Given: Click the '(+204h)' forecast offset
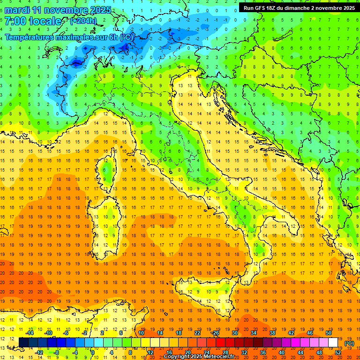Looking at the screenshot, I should [83, 21].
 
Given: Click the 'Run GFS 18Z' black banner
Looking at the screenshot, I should [298, 8].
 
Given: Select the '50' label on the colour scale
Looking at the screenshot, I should [328, 333].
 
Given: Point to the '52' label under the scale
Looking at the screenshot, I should [338, 352].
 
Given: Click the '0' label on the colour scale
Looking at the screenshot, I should [93, 352].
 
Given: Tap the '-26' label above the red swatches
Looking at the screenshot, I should [215, 333].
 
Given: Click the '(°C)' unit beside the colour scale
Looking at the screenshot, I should [349, 343].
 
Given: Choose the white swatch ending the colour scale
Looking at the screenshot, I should [333, 343].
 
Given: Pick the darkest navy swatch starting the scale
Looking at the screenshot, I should [23, 343].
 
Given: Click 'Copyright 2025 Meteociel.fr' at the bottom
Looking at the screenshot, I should [202, 357].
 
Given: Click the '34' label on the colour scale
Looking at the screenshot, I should [254, 333].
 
